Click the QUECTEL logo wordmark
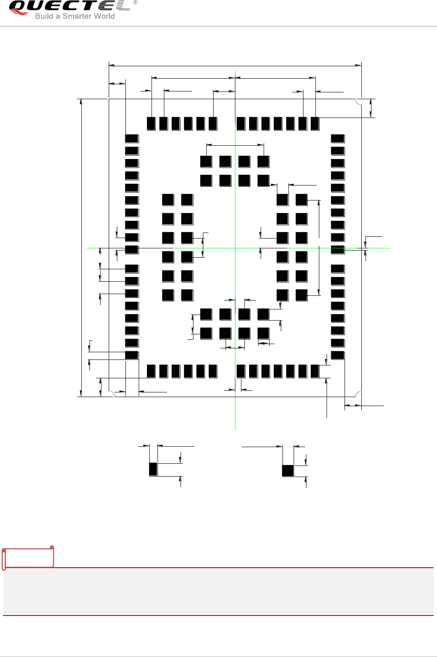click(x=68, y=6)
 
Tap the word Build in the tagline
click(x=44, y=16)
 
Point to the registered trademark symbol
click(x=135, y=3)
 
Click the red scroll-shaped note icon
click(x=28, y=557)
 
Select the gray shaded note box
click(x=218, y=592)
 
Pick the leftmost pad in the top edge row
click(x=151, y=124)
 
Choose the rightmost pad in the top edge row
click(x=315, y=124)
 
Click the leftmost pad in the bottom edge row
click(x=151, y=371)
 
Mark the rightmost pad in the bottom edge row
click(x=315, y=371)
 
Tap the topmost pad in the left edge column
click(x=132, y=138)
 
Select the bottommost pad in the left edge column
click(x=132, y=355)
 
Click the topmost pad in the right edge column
click(x=338, y=138)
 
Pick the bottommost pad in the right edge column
click(x=338, y=355)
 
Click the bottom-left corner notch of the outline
click(x=111, y=394)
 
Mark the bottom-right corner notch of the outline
click(x=359, y=394)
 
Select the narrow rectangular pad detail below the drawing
click(x=153, y=469)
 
